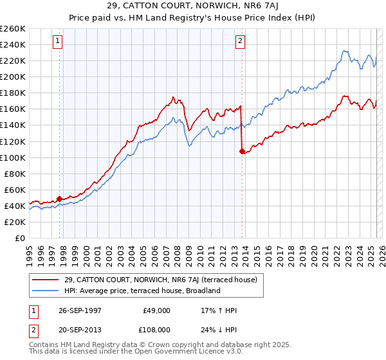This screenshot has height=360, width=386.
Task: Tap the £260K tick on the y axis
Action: pyautogui.click(x=13, y=29)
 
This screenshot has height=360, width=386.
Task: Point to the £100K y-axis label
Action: pyautogui.click(x=13, y=157)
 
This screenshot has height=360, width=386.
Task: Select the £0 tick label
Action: pyautogui.click(x=20, y=238)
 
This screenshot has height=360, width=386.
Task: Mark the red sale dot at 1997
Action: pyautogui.click(x=60, y=199)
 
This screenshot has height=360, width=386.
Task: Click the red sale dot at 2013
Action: pyautogui.click(x=242, y=152)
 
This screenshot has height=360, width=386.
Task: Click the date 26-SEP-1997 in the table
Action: pyautogui.click(x=80, y=310)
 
